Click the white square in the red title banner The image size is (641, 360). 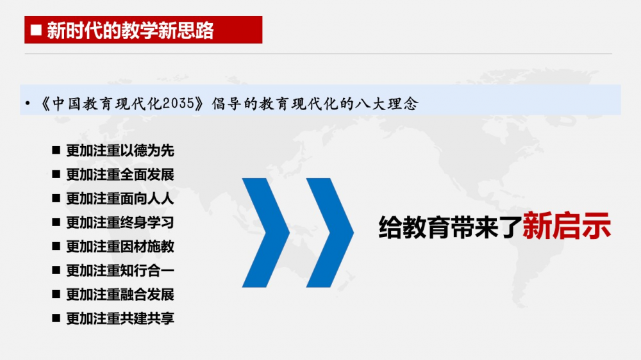(x=36, y=30)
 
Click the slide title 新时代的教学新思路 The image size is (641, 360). (x=130, y=30)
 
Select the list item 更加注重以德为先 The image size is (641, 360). (x=121, y=151)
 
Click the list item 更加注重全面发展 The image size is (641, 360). (x=121, y=175)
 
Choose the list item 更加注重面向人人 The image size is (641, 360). (x=121, y=199)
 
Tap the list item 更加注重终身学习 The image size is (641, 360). (x=121, y=223)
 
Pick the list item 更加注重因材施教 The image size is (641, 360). (x=121, y=247)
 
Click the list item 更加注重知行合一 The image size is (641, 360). (x=121, y=270)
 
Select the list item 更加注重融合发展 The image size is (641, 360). (x=121, y=294)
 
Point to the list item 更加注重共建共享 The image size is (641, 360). (x=121, y=318)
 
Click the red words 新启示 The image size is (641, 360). (x=567, y=225)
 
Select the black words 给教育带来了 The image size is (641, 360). (x=451, y=227)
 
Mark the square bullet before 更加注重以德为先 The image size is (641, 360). (x=56, y=151)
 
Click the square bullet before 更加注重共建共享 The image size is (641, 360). (x=56, y=318)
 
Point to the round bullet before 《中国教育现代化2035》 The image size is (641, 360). (x=28, y=103)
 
